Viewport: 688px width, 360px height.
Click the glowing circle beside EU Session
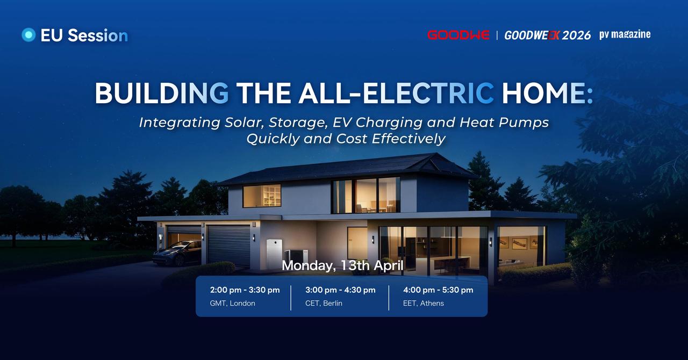pos(28,35)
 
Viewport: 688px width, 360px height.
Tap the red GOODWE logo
pos(458,35)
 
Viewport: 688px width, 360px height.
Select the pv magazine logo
pos(625,35)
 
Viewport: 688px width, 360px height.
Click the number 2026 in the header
pos(577,35)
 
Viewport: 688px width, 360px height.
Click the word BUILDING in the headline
pos(162,93)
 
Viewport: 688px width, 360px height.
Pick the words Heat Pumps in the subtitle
pos(504,123)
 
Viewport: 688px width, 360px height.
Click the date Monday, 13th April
pos(342,265)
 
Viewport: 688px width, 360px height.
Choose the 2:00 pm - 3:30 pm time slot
pos(245,290)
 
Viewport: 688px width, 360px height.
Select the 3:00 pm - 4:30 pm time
pos(340,290)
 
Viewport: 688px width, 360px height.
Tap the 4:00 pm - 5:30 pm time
pos(438,290)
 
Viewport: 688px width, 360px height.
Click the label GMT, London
pos(233,303)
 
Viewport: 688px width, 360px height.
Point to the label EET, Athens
pos(424,303)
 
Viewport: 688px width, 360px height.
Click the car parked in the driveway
pos(177,253)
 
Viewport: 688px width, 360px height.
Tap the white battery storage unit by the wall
pos(274,253)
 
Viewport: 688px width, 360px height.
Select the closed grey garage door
pos(228,245)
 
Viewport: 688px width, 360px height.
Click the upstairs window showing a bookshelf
pos(262,196)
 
